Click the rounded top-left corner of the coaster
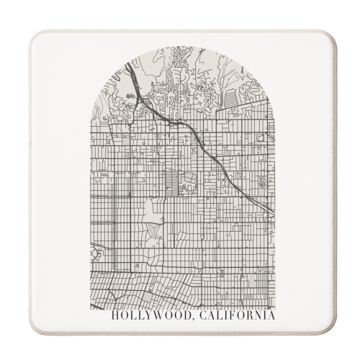pos(36,37)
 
